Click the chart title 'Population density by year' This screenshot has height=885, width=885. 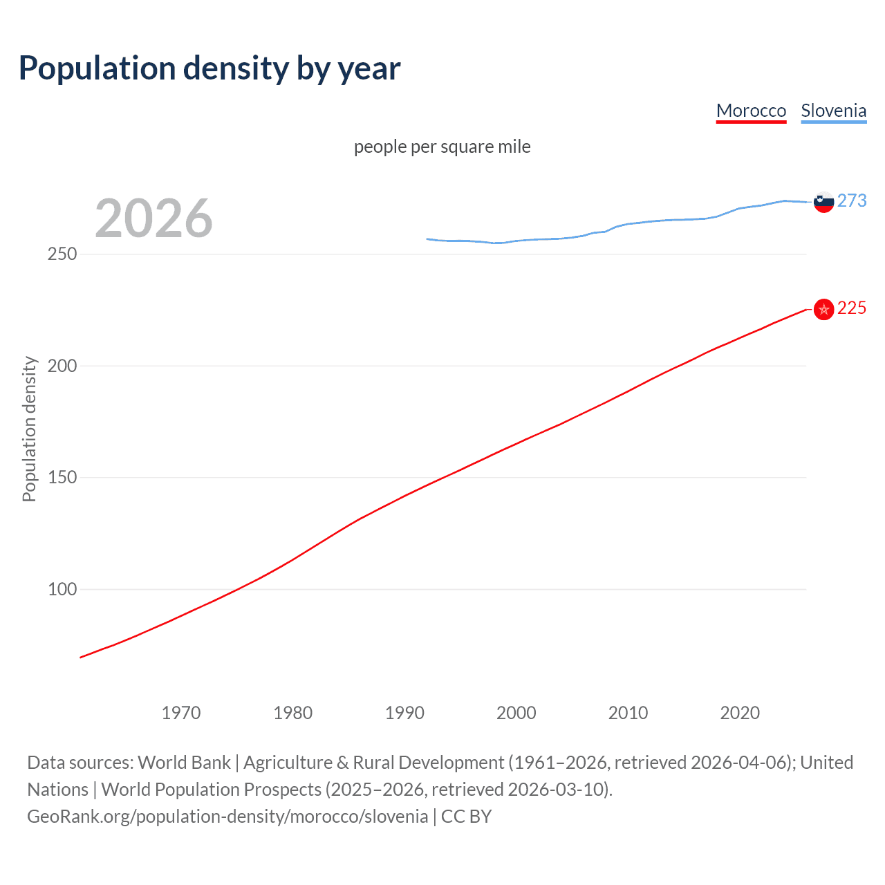point(209,68)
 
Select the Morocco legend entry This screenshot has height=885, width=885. point(751,111)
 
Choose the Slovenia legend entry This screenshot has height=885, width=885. point(833,111)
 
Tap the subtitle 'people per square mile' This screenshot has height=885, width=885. point(442,147)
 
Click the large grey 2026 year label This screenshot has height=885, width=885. point(153,218)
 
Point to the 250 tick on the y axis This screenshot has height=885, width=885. point(62,254)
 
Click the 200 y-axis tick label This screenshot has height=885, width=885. point(62,366)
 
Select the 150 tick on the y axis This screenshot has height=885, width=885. point(62,478)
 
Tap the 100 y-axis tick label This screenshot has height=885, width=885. point(62,590)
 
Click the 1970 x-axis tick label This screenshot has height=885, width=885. point(181,713)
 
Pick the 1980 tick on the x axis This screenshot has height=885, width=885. point(293,713)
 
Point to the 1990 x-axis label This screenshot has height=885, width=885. point(404,713)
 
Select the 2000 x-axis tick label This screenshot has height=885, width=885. point(516,713)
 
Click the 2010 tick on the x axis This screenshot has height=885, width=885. point(628,713)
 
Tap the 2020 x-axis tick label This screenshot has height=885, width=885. point(740,713)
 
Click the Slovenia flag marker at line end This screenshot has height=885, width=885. point(823,202)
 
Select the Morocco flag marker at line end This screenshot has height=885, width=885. point(823,309)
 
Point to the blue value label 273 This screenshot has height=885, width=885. point(852,201)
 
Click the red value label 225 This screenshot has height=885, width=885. point(852,308)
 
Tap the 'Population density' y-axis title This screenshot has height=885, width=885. point(29,429)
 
